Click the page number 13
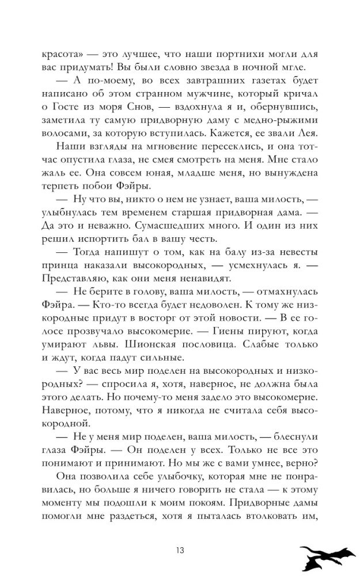pos(180,549)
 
